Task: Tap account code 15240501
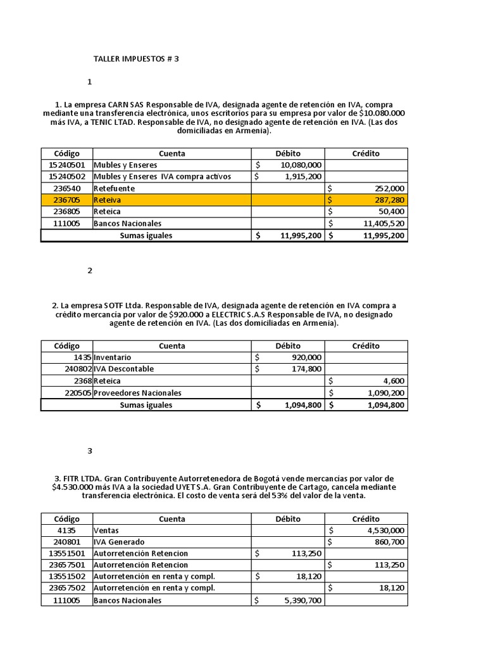point(66,165)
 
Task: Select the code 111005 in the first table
point(66,223)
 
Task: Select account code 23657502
point(66,588)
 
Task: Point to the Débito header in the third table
point(288,518)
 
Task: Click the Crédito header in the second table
point(366,345)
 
